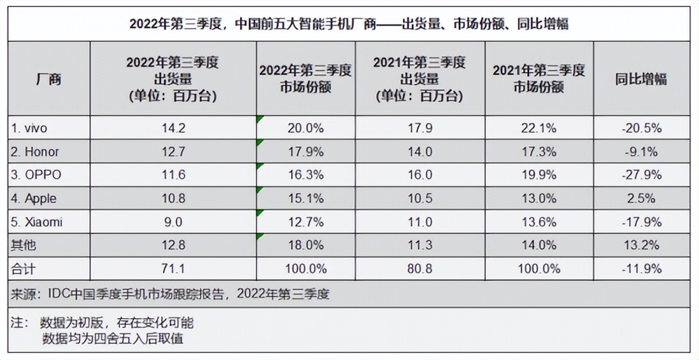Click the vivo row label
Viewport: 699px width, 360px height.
(33, 128)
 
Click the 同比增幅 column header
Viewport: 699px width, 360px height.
(641, 79)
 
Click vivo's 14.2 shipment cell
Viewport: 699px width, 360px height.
(173, 128)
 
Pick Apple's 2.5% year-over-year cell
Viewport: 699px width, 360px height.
(641, 199)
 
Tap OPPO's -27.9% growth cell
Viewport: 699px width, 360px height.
(641, 175)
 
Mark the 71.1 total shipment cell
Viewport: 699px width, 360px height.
(173, 269)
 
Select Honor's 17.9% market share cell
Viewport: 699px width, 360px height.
(306, 152)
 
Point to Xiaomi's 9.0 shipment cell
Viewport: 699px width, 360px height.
(173, 222)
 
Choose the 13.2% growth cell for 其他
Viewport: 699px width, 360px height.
(641, 245)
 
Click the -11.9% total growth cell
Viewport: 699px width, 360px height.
(641, 269)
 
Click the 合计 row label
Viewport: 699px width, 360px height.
(24, 269)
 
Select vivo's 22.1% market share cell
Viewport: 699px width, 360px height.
(538, 128)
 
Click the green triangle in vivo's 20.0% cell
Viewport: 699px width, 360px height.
(259, 119)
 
